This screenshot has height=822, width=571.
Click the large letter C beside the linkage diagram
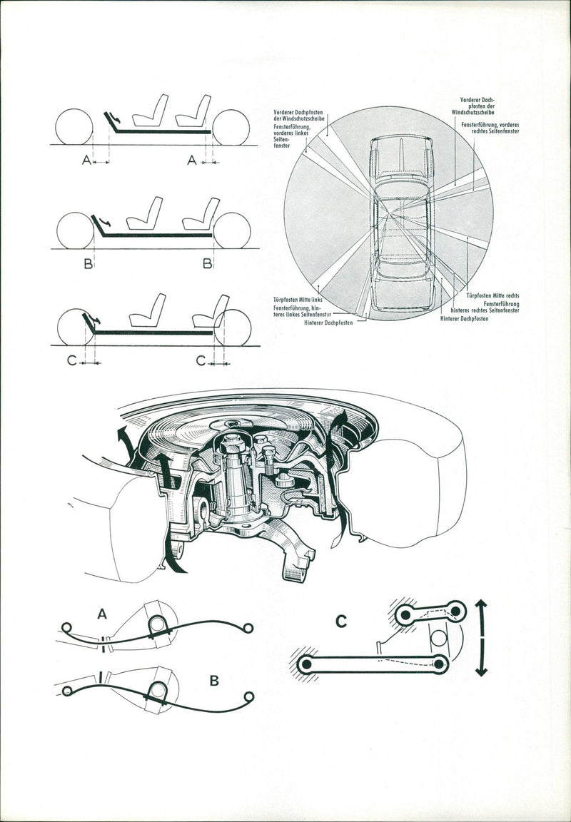[341, 621]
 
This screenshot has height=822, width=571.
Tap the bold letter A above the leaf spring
[102, 613]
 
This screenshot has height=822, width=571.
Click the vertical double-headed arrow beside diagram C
[482, 637]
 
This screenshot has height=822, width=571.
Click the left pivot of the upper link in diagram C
[405, 613]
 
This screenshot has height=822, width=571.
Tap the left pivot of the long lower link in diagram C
[306, 664]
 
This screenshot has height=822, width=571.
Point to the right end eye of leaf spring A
[248, 627]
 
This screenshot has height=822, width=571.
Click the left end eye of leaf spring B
[66, 690]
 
